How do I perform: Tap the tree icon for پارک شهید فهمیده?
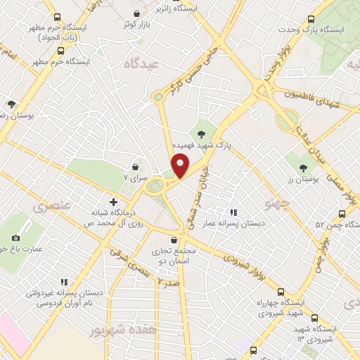[202, 133]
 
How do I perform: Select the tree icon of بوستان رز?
[303, 167]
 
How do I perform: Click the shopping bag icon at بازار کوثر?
[137, 13]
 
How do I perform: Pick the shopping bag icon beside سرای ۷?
[135, 167]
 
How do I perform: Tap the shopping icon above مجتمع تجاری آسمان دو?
[174, 240]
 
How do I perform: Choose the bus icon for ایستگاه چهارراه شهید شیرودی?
[281, 291]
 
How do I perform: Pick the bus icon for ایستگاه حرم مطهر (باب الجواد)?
[56, 17]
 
